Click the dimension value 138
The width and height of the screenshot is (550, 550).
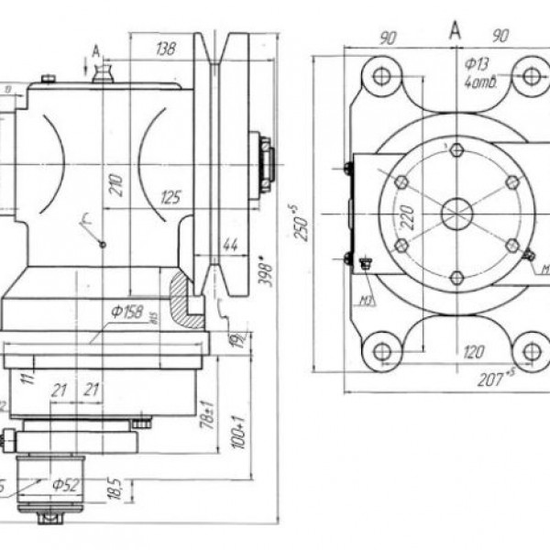165,48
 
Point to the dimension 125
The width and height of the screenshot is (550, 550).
170,196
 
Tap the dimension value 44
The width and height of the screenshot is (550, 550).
231,244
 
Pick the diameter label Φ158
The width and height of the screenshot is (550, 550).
128,313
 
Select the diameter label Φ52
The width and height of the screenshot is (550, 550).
65,485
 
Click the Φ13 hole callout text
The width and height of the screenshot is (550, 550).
477,63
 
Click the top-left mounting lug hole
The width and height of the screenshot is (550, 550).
381,76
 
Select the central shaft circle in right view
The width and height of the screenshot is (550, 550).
456,214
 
